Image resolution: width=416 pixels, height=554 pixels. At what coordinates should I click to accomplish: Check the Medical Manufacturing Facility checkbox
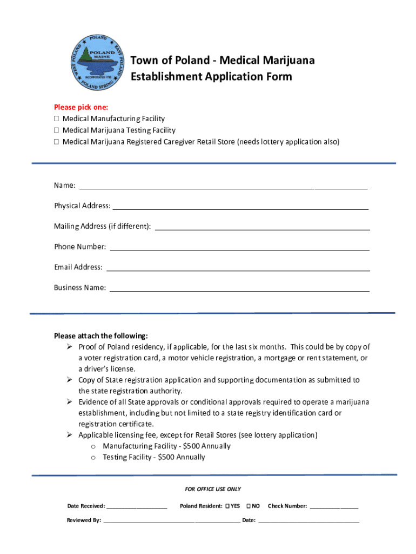coord(56,118)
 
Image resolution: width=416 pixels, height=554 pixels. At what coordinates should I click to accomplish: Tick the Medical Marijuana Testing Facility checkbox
coord(56,130)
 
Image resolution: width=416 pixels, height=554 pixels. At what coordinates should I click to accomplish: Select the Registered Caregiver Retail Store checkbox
coord(56,142)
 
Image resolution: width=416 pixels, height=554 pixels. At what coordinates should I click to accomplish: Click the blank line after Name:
coord(223,187)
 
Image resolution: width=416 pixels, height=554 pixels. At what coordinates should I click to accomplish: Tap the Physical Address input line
coord(240,207)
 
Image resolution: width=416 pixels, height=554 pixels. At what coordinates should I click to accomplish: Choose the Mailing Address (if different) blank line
coord(262,228)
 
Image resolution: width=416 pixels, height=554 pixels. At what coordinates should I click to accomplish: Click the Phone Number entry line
coord(239,248)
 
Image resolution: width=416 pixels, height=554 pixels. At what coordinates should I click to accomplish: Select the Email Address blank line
coord(238,268)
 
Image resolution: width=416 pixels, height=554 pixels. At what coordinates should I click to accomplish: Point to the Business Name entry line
coord(239,289)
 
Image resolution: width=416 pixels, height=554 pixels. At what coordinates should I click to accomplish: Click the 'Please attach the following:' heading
coord(100,335)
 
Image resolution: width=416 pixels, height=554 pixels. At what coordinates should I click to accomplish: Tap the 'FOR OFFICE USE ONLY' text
coord(213,489)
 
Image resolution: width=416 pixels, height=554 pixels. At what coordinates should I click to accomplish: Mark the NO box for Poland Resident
coord(249,506)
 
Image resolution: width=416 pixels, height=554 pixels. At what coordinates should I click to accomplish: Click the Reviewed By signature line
coord(171,522)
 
